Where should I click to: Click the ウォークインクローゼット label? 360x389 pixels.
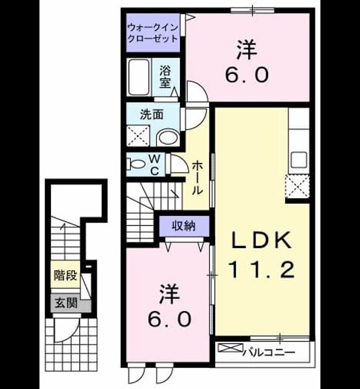153,33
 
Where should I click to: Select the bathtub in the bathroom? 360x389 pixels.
139,77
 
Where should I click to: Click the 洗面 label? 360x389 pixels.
151,115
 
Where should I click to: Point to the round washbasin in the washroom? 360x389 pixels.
168,137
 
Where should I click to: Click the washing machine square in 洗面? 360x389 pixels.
138,136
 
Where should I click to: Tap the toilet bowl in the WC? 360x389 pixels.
136,164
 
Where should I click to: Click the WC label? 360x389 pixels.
154,164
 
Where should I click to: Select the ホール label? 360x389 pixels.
198,177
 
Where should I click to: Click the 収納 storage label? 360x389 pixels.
184,226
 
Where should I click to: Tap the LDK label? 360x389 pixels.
261,240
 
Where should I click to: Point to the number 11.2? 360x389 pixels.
261,270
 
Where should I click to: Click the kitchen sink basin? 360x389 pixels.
299,160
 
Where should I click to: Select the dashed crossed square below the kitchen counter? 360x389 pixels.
297,187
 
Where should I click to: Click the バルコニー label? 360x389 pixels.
269,353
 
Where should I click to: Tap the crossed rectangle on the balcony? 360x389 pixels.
230,348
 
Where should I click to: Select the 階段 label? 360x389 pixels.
66,275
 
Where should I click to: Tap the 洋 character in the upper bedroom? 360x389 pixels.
246,50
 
